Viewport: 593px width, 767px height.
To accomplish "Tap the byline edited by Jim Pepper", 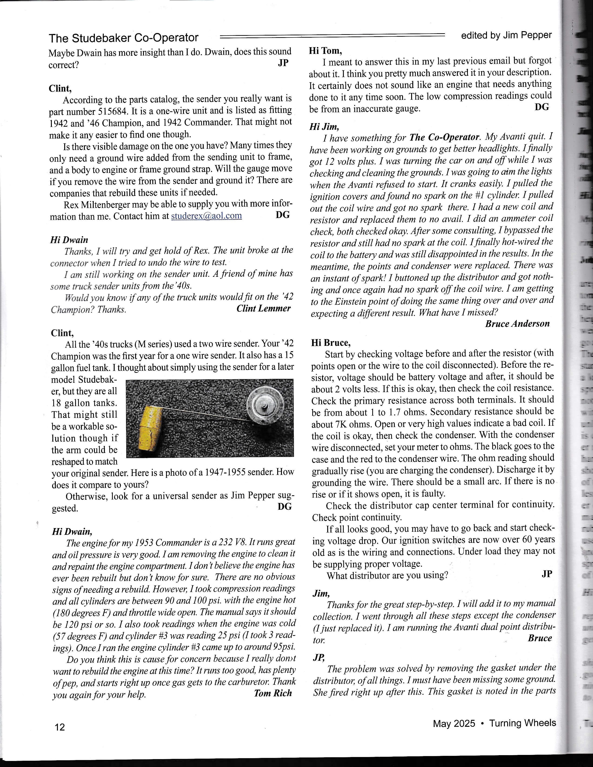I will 506,35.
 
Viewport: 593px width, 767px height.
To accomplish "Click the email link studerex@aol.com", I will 206,216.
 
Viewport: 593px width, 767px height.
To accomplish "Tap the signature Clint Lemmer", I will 263,308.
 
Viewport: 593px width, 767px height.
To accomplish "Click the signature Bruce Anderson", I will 517,324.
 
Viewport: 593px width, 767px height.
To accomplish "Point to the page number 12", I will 60,727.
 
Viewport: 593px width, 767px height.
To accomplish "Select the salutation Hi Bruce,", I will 331,342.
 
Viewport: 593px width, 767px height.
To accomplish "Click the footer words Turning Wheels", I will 523,723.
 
